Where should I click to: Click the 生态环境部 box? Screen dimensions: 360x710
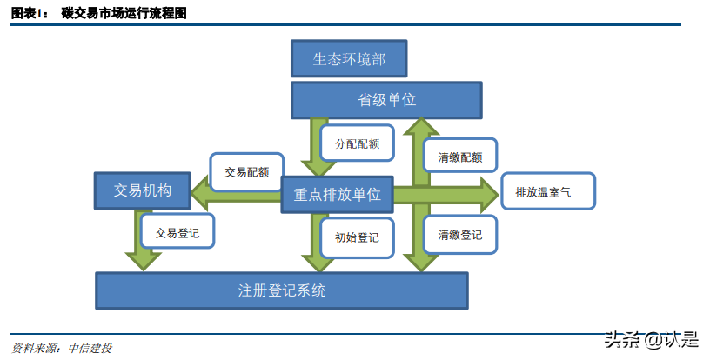click(x=349, y=60)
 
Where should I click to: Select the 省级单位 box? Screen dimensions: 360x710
click(x=386, y=100)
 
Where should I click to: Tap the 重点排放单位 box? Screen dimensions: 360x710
click(x=338, y=194)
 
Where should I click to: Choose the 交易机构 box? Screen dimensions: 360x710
click(x=143, y=190)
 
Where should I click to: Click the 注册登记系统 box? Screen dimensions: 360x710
click(x=281, y=290)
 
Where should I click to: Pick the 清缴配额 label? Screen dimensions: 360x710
click(x=460, y=158)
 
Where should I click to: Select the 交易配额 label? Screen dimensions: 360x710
click(x=247, y=171)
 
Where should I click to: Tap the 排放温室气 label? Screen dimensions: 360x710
click(x=548, y=190)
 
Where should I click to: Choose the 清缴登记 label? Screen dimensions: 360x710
click(x=460, y=235)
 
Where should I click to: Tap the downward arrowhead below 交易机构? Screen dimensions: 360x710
click(x=143, y=259)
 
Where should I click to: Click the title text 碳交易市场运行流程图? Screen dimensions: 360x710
click(x=123, y=14)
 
